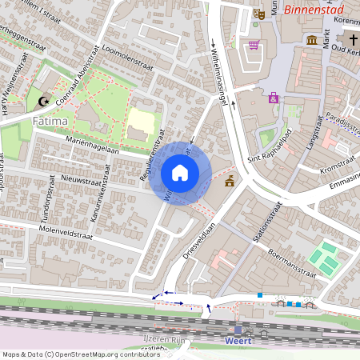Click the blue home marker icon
180,173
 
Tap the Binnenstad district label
318,10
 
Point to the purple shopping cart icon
254,44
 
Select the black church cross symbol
352,40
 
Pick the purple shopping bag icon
274,98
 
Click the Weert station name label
238,342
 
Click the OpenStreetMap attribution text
81,354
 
